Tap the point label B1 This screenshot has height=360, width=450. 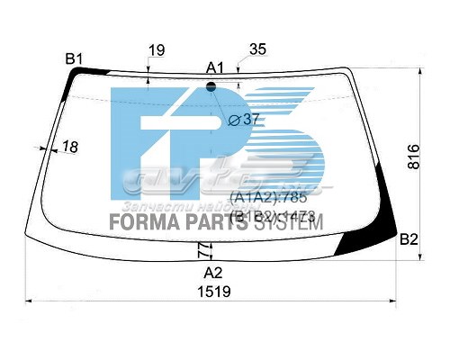[74, 59]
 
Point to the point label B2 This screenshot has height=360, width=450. [409, 239]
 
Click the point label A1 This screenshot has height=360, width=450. [215, 67]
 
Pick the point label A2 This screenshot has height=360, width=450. [212, 272]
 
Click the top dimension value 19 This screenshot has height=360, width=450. [157, 51]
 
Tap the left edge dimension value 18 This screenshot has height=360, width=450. [71, 147]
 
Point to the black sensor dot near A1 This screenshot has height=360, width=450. [212, 86]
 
